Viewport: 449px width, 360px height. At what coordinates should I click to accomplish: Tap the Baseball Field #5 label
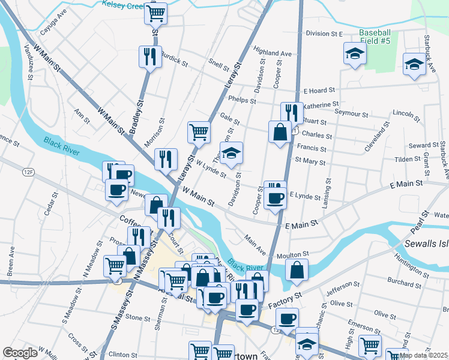pyautogui.click(x=375, y=37)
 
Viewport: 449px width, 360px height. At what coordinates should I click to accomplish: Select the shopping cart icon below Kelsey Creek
pyautogui.click(x=155, y=13)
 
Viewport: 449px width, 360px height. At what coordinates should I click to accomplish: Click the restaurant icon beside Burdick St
pyautogui.click(x=148, y=57)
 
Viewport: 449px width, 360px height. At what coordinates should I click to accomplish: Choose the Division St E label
pyautogui.click(x=324, y=34)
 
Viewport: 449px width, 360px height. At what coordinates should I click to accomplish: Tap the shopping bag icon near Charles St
pyautogui.click(x=280, y=131)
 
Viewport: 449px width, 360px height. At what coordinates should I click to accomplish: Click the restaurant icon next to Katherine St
pyautogui.click(x=291, y=112)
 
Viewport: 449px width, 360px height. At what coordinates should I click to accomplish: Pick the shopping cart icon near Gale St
pyautogui.click(x=199, y=131)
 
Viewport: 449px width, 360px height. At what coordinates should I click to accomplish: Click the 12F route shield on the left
pyautogui.click(x=28, y=172)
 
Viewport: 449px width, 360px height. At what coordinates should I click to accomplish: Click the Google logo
pyautogui.click(x=20, y=353)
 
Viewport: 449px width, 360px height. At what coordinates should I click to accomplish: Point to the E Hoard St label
pyautogui.click(x=319, y=91)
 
